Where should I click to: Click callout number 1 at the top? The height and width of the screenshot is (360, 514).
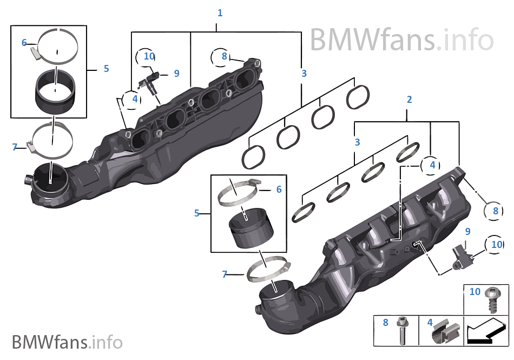(x=220, y=13)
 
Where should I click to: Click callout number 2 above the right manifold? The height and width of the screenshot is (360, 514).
(x=409, y=100)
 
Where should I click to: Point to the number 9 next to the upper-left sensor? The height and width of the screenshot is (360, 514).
(x=176, y=74)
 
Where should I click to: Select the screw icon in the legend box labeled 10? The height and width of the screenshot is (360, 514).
(x=492, y=300)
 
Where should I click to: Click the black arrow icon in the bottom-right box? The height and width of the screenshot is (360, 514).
(x=484, y=331)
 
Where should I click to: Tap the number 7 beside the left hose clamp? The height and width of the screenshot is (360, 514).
(x=15, y=147)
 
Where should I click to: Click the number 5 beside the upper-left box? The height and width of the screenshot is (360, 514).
(x=106, y=69)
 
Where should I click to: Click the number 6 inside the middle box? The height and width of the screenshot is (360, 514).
(x=279, y=189)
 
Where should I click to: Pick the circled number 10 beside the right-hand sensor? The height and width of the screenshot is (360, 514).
(x=496, y=245)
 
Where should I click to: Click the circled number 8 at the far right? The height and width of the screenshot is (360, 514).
(x=495, y=212)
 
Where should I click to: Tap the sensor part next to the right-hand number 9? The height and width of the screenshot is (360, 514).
(x=462, y=256)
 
